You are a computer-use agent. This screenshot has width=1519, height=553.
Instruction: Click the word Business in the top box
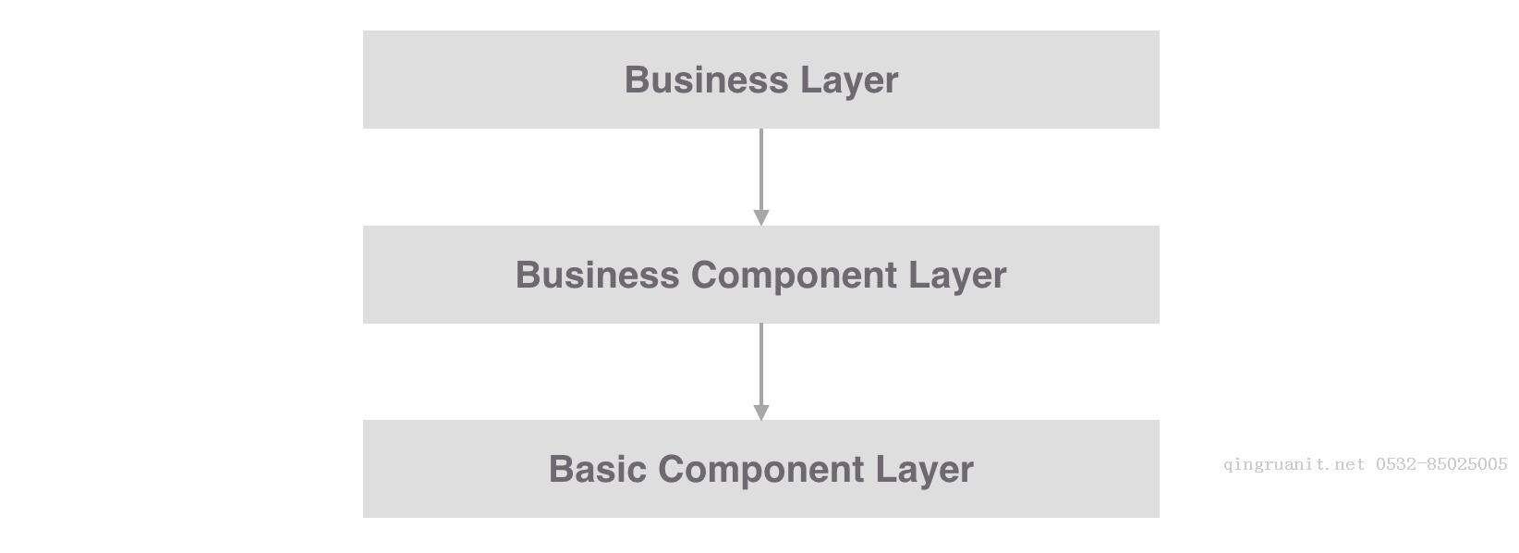point(706,80)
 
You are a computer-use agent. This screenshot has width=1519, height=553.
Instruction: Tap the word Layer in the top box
point(849,81)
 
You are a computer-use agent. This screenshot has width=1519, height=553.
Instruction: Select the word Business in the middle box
point(598,275)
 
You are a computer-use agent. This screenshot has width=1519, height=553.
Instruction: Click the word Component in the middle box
point(794,276)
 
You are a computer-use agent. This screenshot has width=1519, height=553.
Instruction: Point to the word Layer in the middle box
point(957,276)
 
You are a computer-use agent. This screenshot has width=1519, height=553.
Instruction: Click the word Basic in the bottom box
point(598,469)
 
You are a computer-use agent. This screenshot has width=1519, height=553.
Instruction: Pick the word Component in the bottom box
point(760,471)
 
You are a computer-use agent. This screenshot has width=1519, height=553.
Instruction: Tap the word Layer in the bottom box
point(925,471)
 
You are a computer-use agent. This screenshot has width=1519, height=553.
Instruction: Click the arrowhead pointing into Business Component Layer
point(760,217)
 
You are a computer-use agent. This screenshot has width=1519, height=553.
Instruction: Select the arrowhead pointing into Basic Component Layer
point(760,412)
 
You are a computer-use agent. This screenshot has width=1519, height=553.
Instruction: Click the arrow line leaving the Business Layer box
point(760,169)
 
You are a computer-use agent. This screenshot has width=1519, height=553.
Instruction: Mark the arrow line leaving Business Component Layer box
point(760,364)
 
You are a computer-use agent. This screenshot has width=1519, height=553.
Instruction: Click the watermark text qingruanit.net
point(1294,465)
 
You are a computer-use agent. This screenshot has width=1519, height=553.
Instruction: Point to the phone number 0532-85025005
point(1441,464)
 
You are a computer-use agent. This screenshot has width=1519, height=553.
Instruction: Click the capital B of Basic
point(562,469)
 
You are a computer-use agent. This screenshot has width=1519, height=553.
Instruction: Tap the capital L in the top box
point(811,80)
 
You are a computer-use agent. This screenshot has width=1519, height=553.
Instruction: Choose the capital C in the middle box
point(706,275)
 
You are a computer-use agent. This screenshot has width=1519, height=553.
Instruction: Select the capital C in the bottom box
point(673,469)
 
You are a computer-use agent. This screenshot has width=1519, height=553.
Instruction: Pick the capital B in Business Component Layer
point(529,275)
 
